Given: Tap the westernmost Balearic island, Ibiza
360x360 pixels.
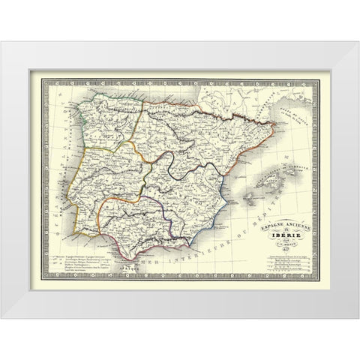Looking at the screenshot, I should click(245, 197).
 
